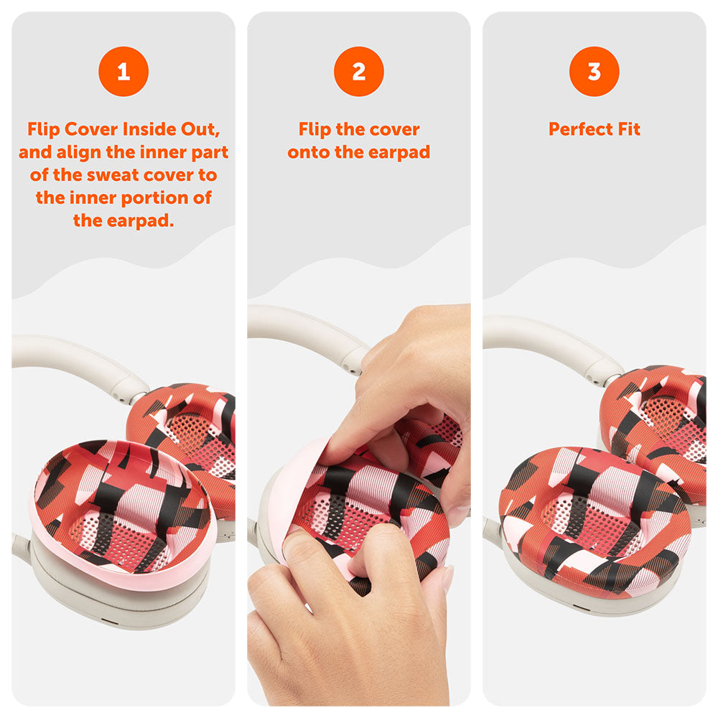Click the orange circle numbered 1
click(x=123, y=71)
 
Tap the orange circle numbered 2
click(x=359, y=71)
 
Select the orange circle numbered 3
click(x=595, y=71)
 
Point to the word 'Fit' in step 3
click(x=629, y=129)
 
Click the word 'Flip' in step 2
click(x=314, y=130)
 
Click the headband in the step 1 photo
click(x=73, y=362)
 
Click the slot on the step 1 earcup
click(x=109, y=622)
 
